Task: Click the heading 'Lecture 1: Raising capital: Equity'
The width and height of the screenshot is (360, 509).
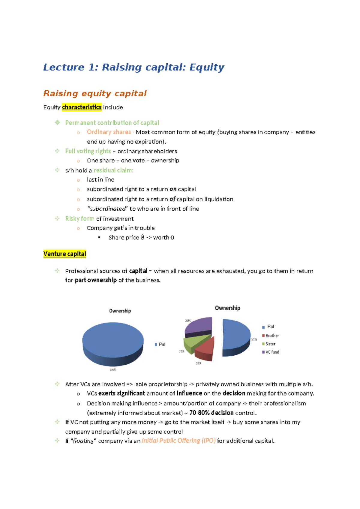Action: point(133,67)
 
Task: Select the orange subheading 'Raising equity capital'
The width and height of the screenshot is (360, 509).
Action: point(95,93)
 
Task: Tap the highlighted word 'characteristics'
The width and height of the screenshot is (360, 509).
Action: point(82,107)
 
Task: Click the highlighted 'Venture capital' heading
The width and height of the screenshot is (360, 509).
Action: point(65,254)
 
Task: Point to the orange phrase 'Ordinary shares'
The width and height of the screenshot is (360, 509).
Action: point(109,132)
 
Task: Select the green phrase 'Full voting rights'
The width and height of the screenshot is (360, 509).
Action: point(88,151)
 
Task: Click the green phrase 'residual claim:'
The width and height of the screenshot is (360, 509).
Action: point(113,170)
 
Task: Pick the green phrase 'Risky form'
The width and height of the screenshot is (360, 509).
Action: point(79,218)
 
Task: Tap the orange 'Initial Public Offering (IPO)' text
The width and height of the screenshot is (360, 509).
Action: point(178,441)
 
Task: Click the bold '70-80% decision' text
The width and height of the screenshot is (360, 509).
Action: point(211,413)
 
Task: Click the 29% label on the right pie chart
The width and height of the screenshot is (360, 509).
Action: point(188,321)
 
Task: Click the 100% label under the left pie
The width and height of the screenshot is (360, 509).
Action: point(113,370)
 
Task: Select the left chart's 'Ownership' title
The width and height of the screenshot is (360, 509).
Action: point(120,311)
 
